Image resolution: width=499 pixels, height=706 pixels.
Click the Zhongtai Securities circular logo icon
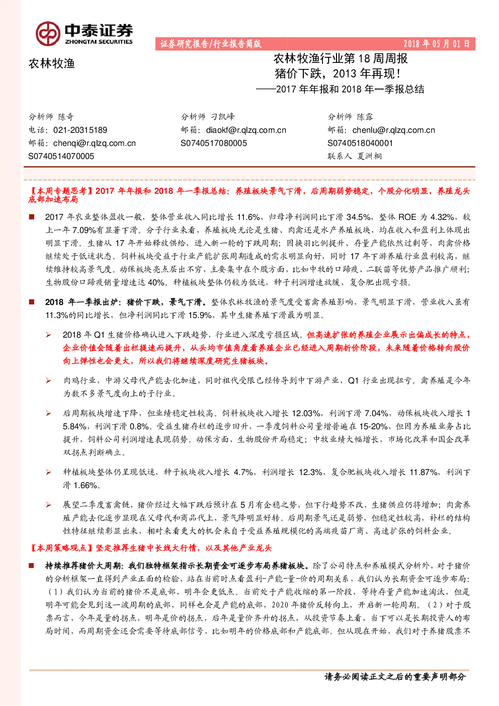(x=48, y=33)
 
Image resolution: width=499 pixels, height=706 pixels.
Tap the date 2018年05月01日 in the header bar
(x=436, y=44)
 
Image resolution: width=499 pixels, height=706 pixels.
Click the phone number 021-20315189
(x=80, y=130)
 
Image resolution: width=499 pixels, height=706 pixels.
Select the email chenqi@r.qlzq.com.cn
(x=95, y=143)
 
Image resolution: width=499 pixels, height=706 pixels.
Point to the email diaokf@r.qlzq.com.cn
(x=246, y=130)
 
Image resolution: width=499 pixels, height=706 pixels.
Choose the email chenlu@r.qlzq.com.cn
(x=394, y=130)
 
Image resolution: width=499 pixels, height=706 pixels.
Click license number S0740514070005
(x=61, y=156)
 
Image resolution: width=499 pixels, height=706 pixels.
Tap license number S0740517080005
(x=214, y=143)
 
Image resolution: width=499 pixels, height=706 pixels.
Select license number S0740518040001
(x=360, y=143)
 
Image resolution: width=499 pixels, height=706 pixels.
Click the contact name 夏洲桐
(x=369, y=156)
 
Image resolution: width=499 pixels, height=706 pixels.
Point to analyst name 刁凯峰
(x=223, y=117)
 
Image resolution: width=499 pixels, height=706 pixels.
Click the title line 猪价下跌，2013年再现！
(x=338, y=73)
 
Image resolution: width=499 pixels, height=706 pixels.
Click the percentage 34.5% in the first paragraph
(x=359, y=217)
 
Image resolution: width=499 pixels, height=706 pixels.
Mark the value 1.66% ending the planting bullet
(x=85, y=485)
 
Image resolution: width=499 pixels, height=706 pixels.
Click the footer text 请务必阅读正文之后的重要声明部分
(x=395, y=677)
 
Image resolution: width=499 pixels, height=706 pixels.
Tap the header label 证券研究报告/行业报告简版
(x=211, y=44)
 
